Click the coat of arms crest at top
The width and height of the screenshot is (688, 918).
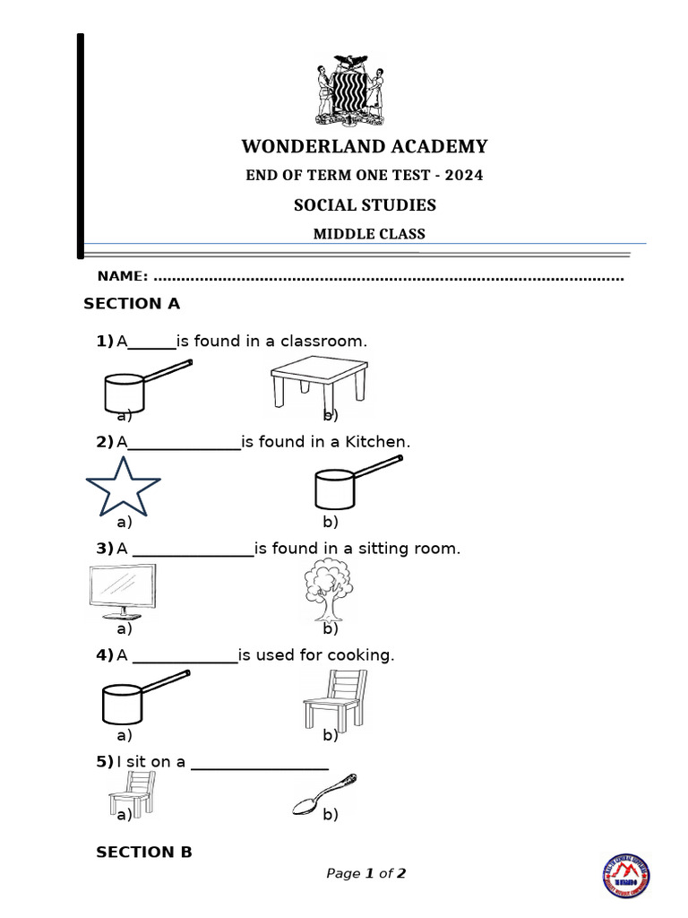(350, 91)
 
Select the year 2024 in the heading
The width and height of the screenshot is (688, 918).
(465, 176)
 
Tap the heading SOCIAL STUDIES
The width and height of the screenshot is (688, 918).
(365, 205)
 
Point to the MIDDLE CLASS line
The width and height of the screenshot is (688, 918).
(368, 234)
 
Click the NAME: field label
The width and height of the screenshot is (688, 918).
(123, 277)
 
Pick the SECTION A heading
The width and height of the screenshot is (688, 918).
(132, 304)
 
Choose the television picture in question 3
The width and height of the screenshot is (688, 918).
(124, 592)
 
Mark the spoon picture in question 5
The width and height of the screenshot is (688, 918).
(324, 794)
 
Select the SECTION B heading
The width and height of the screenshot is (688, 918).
(144, 853)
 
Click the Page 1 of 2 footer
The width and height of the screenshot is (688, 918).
(365, 873)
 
